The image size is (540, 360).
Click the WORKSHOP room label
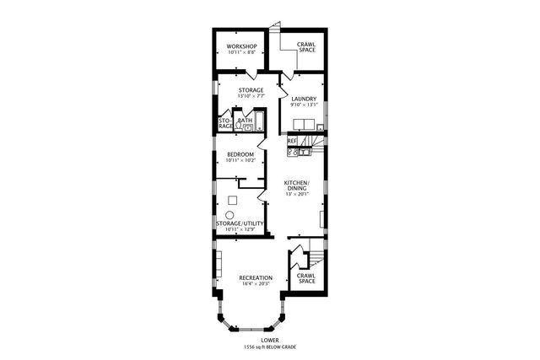240,46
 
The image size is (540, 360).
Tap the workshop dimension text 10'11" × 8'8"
240,53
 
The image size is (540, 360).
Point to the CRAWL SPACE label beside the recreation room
307,278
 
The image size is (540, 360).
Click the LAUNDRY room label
304,99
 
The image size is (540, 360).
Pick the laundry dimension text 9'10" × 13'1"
304,105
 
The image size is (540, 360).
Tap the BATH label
246,121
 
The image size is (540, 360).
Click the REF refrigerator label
292,141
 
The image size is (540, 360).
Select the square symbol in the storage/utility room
232,201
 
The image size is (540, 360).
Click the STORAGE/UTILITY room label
240,223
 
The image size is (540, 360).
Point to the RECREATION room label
255,277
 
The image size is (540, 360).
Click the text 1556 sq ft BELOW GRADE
269,347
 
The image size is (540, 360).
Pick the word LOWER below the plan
269,340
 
